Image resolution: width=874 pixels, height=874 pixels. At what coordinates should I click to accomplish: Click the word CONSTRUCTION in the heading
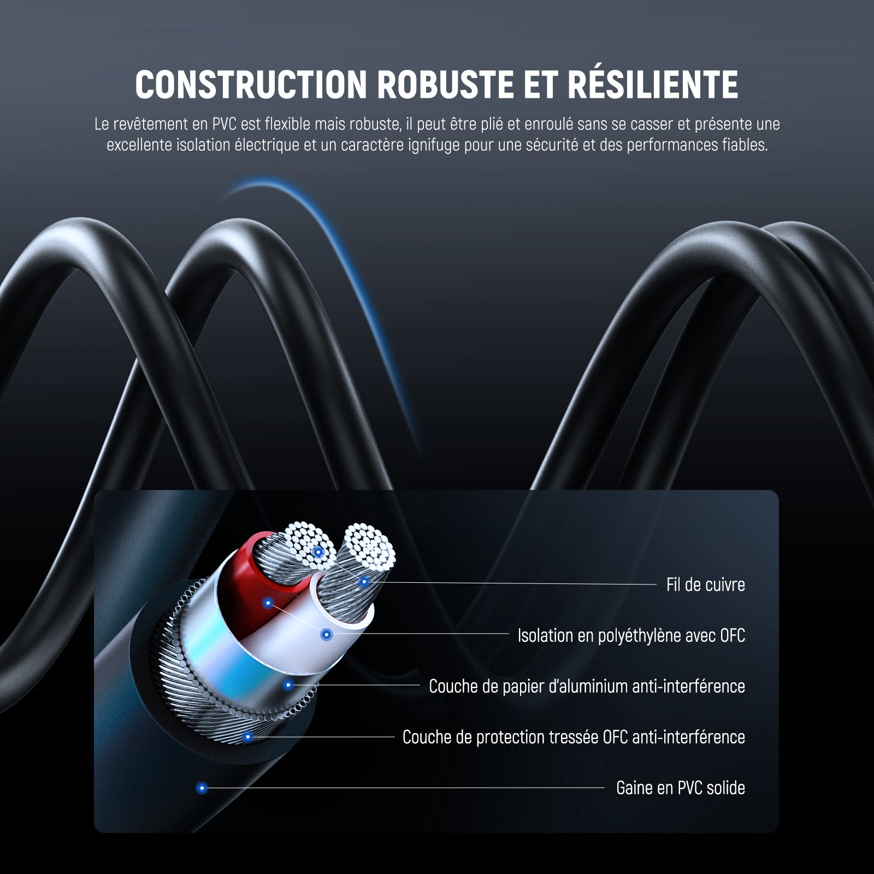[251, 85]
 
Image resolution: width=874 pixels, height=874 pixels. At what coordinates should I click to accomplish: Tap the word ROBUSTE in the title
[445, 85]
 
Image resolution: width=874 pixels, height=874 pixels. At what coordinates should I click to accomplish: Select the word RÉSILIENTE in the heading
[653, 85]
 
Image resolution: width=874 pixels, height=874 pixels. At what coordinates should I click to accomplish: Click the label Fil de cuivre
[705, 585]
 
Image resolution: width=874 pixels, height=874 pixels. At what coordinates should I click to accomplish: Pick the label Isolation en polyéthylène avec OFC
[631, 636]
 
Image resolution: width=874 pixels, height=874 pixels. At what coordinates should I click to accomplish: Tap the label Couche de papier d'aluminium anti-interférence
[587, 687]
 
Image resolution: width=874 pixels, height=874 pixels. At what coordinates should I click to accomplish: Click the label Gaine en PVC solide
[680, 788]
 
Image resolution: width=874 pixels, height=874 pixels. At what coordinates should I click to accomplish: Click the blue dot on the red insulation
[268, 603]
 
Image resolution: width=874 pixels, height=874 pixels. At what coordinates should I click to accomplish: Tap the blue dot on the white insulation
[327, 635]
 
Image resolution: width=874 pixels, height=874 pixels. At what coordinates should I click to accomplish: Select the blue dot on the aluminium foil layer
[288, 685]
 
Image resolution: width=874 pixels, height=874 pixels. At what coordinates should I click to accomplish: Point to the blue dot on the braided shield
[248, 737]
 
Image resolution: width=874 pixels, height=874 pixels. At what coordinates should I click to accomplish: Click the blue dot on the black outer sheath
[202, 788]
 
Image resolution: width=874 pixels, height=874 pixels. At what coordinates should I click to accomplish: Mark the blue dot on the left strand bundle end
[318, 552]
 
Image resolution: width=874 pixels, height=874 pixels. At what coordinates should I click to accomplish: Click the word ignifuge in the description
[434, 145]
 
